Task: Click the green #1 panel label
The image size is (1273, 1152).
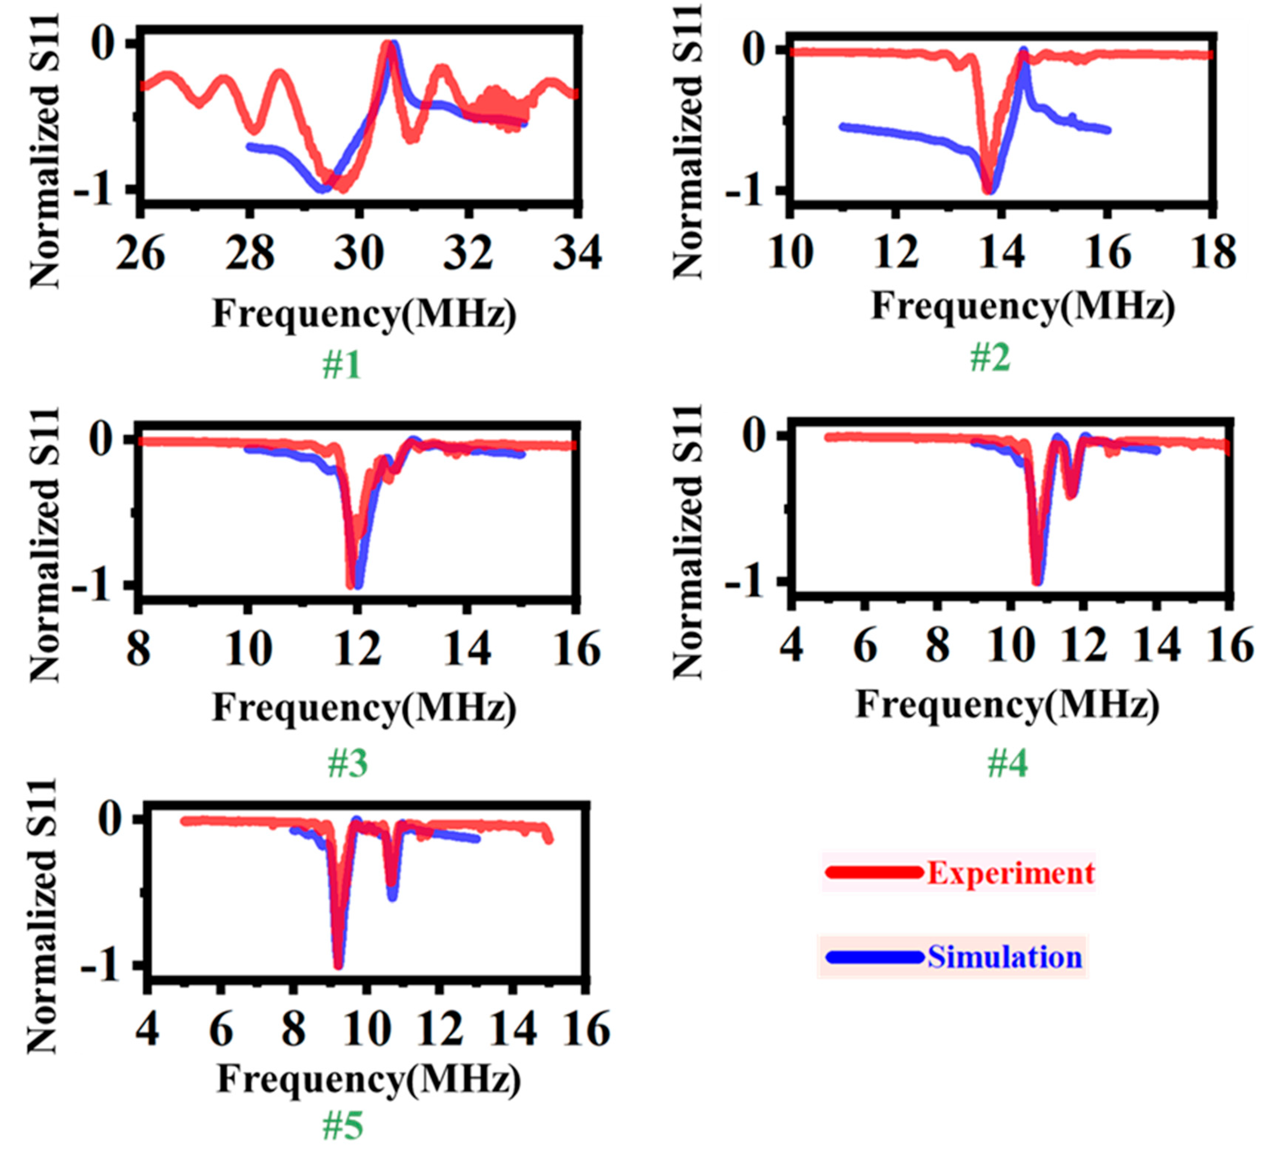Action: click(342, 365)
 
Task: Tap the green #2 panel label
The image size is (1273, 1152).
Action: click(989, 358)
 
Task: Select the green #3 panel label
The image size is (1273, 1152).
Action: click(347, 763)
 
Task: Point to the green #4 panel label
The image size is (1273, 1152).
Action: click(1007, 763)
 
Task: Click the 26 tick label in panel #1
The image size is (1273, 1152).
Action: click(140, 254)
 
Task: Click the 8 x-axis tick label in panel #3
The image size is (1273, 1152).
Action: click(139, 649)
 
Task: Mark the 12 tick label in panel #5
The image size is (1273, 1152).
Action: click(441, 1029)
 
